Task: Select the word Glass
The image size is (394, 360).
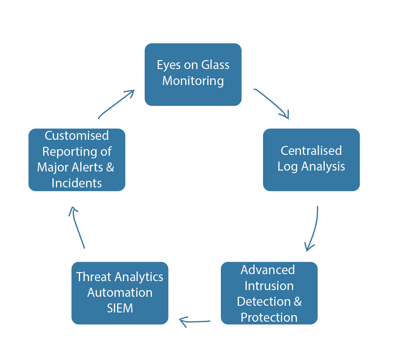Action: (215, 65)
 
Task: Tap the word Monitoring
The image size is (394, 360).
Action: (193, 81)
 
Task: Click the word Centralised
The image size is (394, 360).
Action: (311, 151)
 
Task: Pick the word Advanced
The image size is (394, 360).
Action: (268, 270)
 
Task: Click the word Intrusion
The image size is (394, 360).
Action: (269, 286)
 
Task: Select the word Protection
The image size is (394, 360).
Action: (269, 318)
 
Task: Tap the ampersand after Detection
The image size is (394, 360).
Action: (297, 302)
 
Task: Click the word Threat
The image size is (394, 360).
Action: (94, 277)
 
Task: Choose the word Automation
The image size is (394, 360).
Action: (120, 293)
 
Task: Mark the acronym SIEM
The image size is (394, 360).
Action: (120, 308)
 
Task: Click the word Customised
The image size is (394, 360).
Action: (77, 135)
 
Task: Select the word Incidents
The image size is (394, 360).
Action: (77, 183)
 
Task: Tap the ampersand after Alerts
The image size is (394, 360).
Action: (110, 167)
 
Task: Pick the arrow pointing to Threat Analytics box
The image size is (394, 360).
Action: (195, 322)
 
